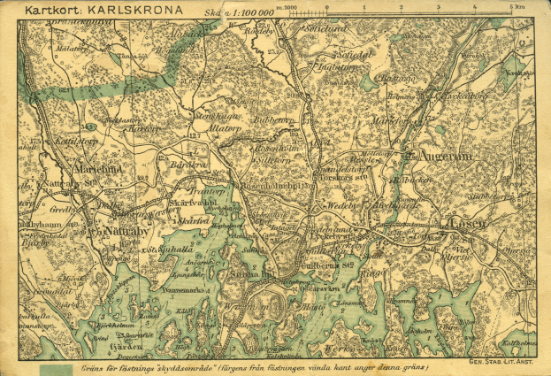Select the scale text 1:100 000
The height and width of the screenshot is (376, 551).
click(251, 13)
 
